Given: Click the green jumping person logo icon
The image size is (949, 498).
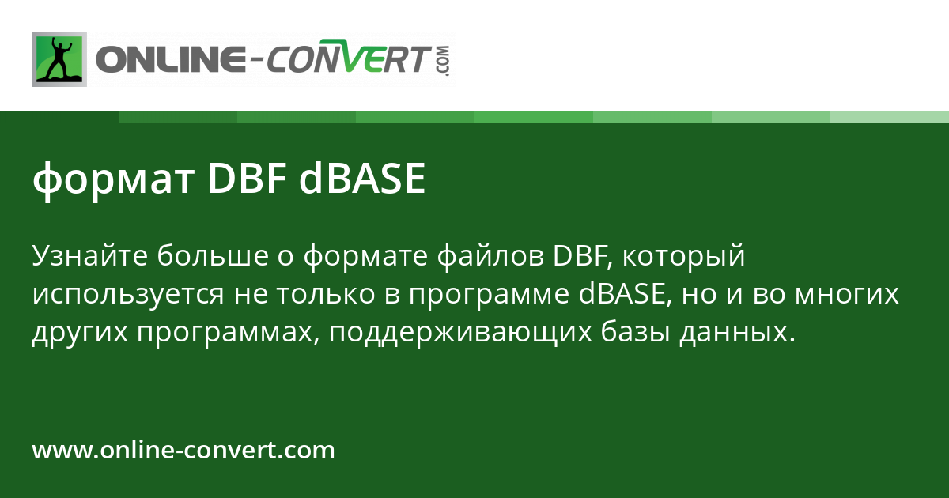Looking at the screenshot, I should (59, 58).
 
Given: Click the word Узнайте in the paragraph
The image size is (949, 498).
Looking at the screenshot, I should (89, 256).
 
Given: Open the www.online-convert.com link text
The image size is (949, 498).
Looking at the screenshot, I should (183, 451).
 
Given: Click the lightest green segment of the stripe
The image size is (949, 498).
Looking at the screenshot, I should (890, 116).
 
